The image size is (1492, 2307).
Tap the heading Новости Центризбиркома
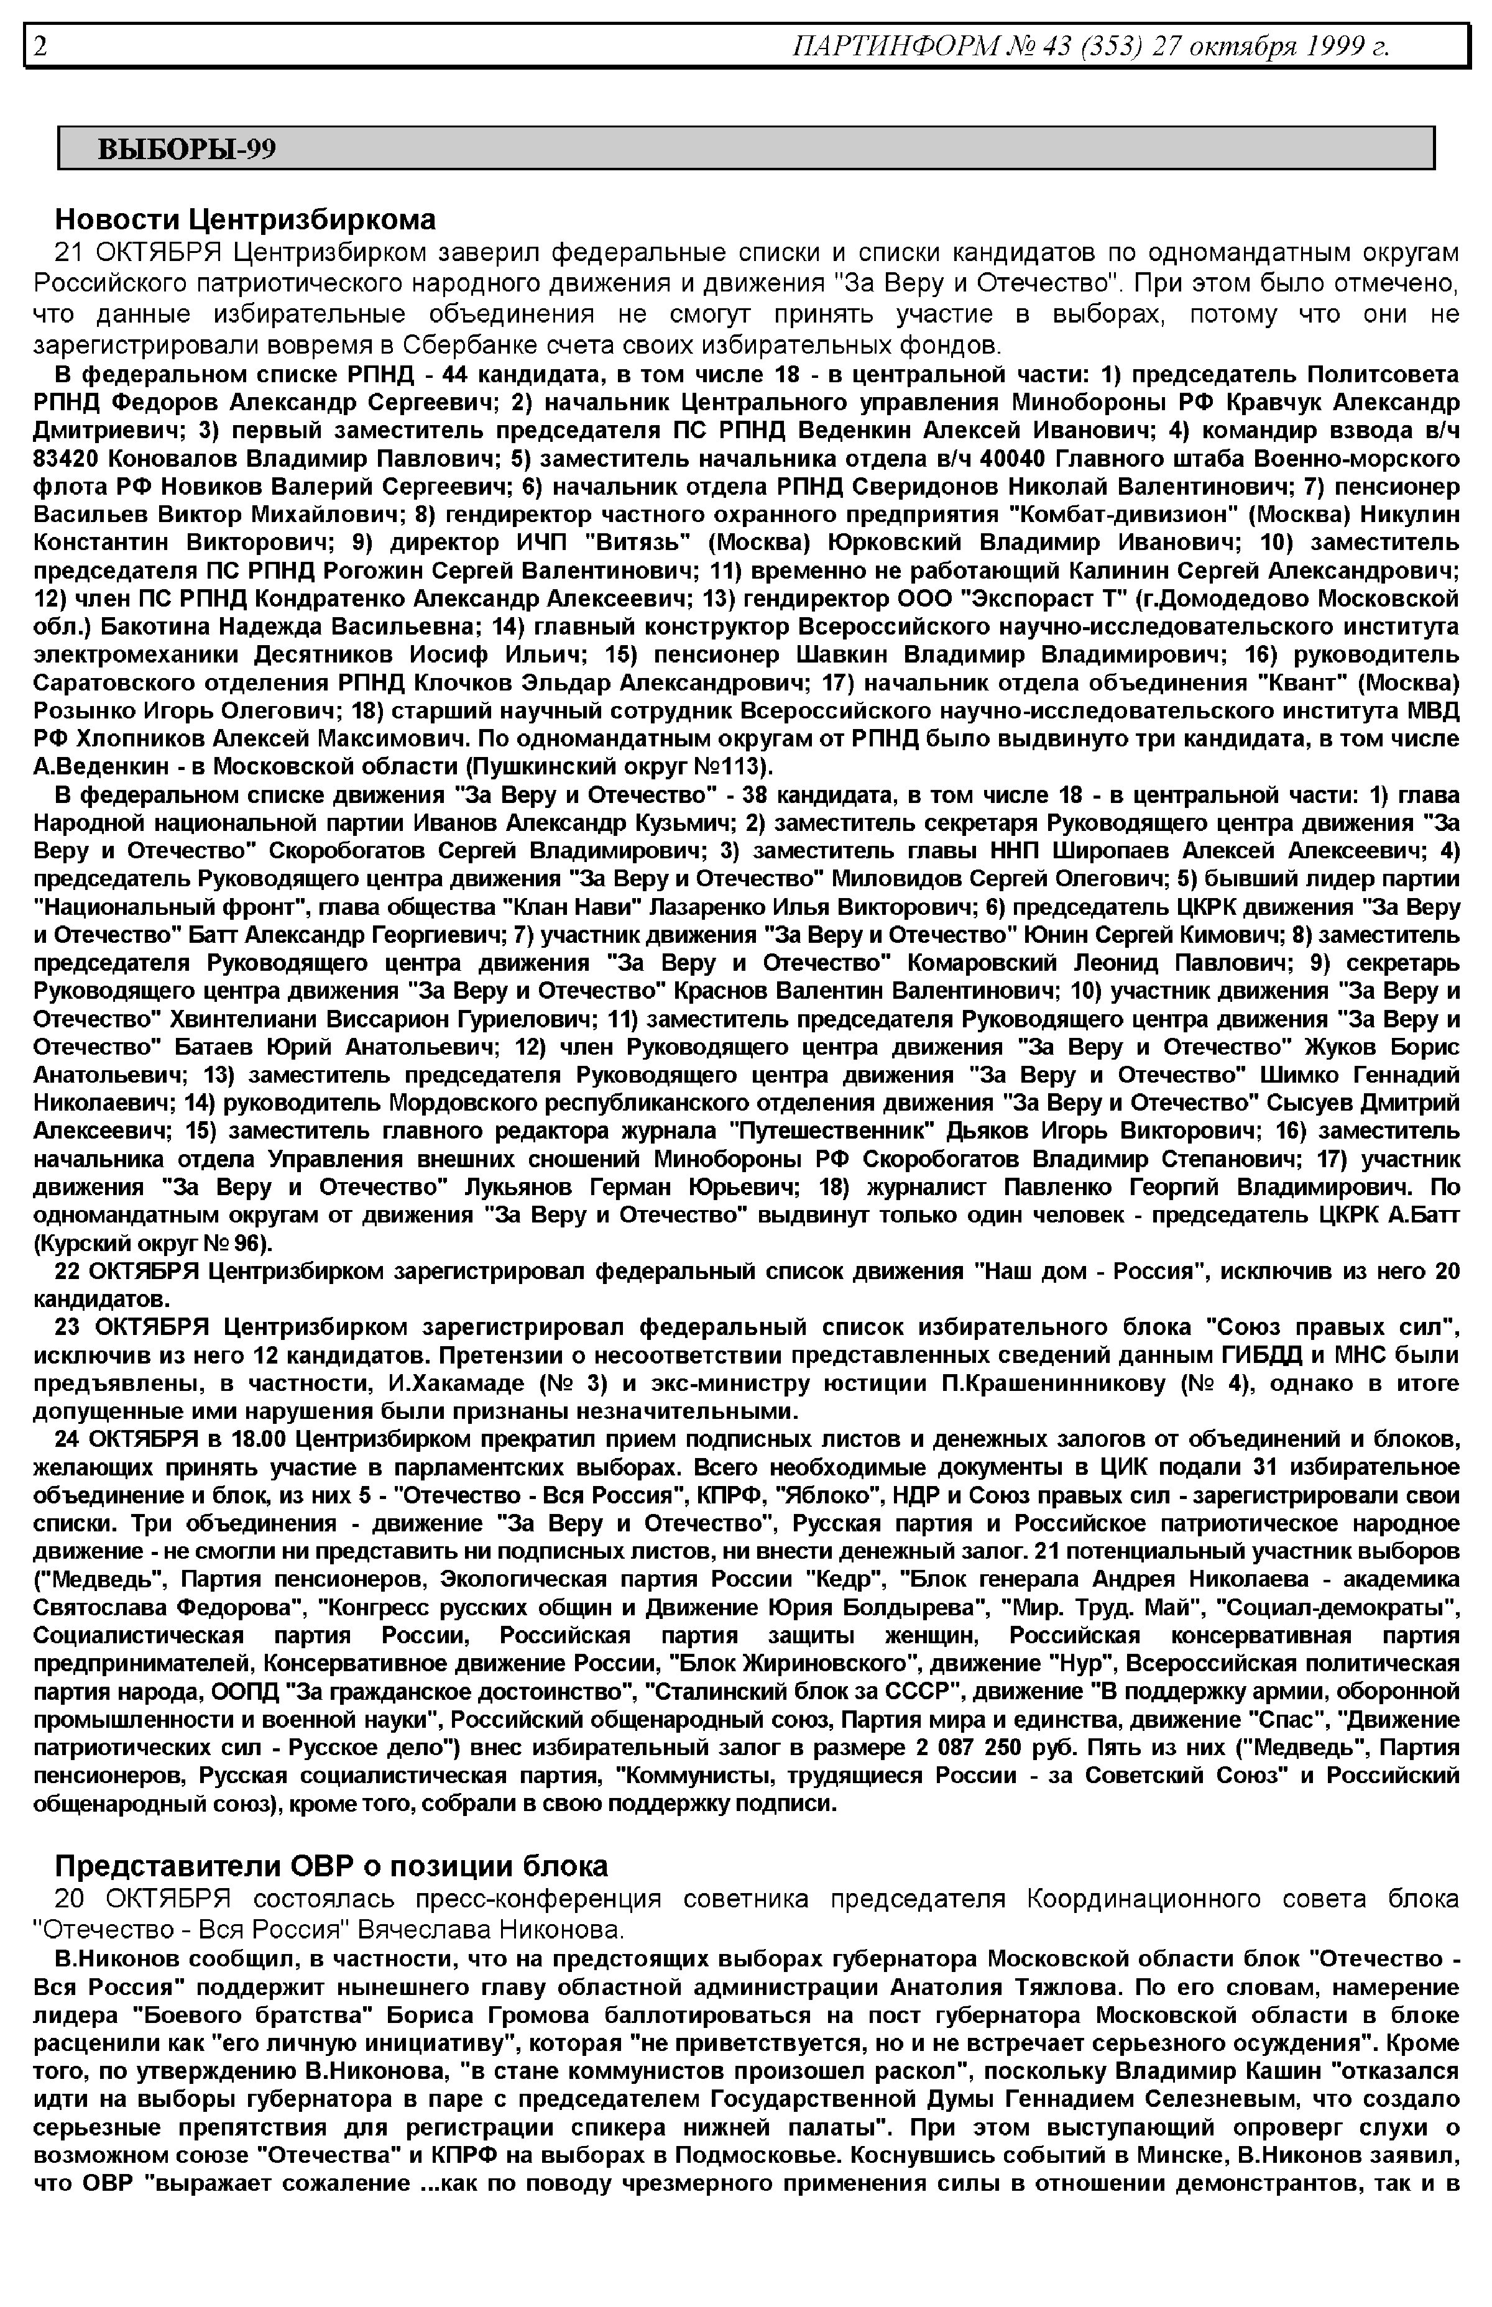pos(245,220)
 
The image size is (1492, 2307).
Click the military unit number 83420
pos(66,457)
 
